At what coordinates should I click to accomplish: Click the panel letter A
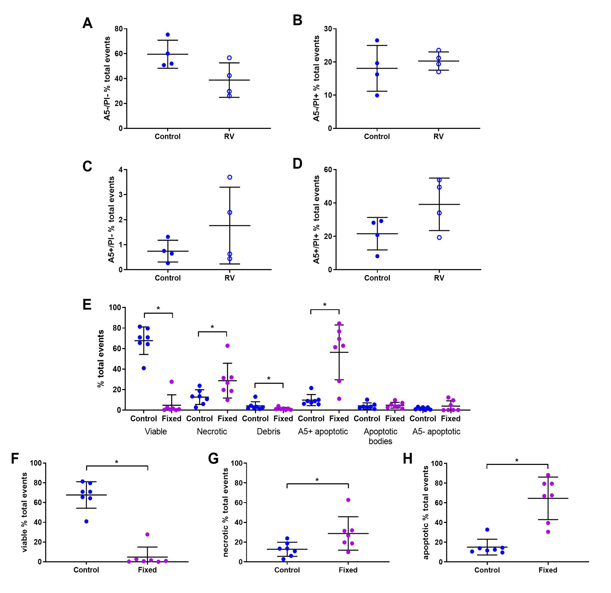87,23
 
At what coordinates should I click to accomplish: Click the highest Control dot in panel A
168,35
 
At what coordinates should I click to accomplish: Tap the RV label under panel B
438,137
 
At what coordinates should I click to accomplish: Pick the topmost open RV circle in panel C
230,177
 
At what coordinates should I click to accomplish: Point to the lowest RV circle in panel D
439,237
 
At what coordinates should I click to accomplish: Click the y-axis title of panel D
316,220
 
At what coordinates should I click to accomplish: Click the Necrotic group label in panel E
212,431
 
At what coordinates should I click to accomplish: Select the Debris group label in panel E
268,431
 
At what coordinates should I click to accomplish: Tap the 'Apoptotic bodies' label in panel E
380,436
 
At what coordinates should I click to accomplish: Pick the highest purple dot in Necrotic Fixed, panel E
228,346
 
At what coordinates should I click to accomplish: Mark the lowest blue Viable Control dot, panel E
144,368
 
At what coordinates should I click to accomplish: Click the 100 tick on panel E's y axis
115,307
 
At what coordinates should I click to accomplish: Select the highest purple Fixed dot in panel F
147,534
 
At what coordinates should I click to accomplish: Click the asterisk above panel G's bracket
317,480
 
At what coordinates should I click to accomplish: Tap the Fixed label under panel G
348,570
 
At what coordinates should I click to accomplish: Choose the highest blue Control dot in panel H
487,530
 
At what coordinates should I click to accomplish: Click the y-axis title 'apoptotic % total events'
426,512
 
